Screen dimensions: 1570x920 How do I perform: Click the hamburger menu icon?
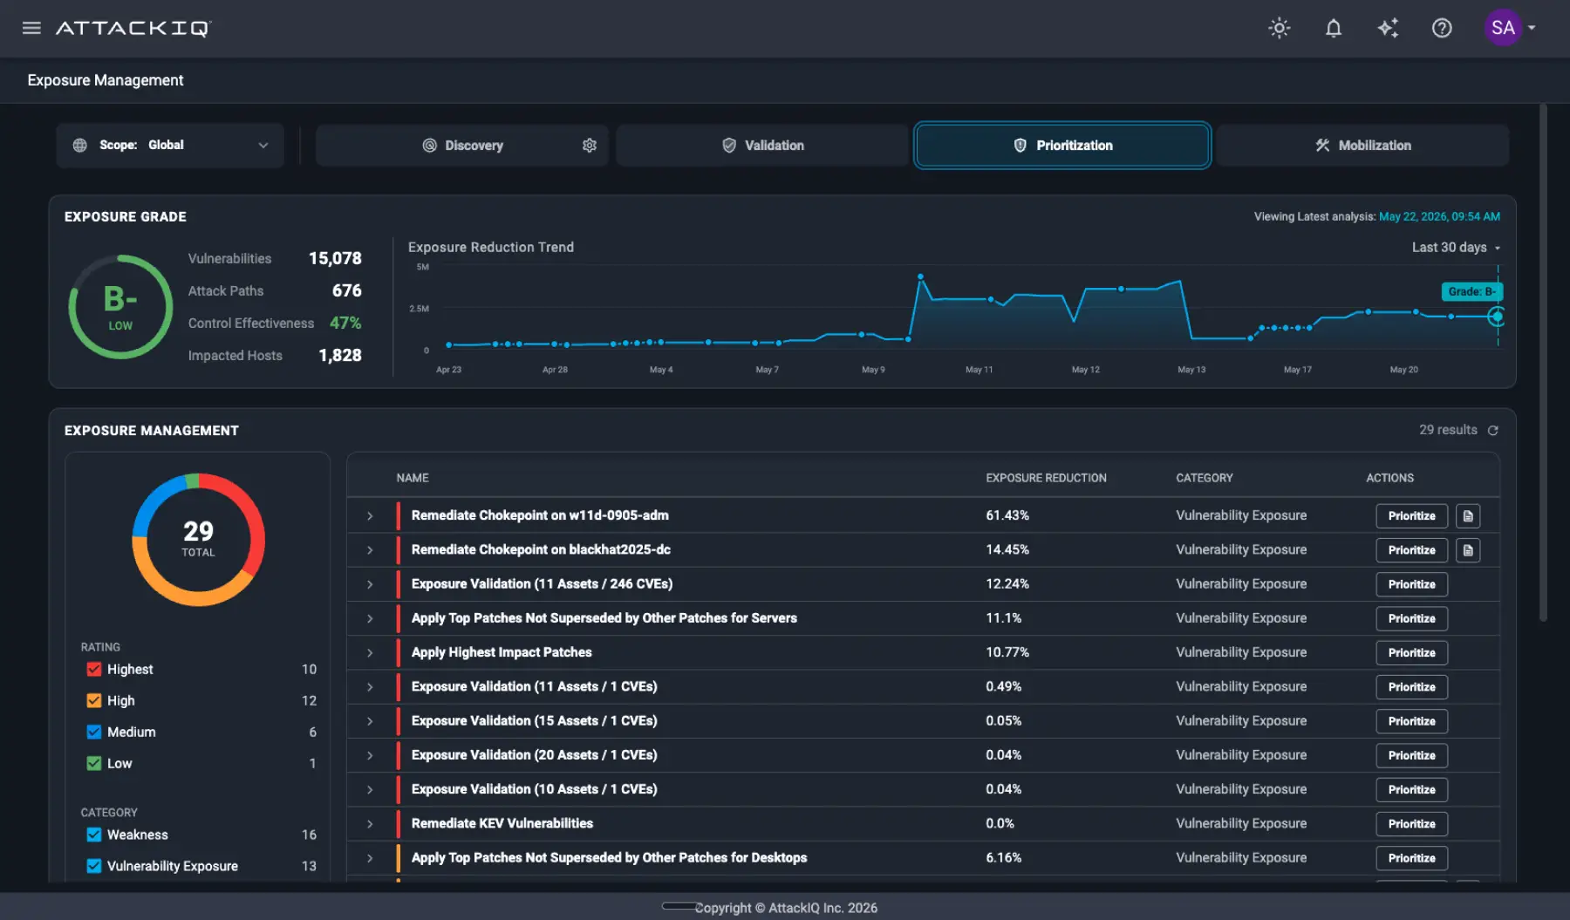pos(31,28)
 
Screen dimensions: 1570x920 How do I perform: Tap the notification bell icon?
pos(1334,28)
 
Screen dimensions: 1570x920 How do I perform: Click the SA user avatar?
pos(1503,28)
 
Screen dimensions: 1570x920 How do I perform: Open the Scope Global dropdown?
pos(170,146)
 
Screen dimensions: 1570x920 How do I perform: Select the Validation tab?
pos(762,146)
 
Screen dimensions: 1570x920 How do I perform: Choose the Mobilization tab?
pos(1362,146)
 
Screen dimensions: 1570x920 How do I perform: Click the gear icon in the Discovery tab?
pos(590,146)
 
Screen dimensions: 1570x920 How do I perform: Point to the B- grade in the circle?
pos(120,299)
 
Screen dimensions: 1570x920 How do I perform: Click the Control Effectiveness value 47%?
pos(345,323)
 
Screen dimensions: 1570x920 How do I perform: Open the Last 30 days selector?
pos(1456,248)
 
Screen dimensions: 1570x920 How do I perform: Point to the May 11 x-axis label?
pos(979,370)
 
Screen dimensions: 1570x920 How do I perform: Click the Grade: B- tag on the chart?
pos(1472,291)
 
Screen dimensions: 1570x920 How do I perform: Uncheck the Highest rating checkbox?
pos(94,670)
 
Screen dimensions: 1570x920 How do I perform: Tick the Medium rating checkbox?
pos(94,733)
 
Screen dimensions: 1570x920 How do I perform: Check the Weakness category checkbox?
pos(94,835)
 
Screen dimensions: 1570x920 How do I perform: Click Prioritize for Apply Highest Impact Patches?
pos(1411,653)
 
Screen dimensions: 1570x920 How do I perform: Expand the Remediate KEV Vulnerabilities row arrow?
pos(370,824)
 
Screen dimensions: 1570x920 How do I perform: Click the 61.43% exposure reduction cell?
pos(1007,515)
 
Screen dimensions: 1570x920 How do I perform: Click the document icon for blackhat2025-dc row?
pos(1468,550)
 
